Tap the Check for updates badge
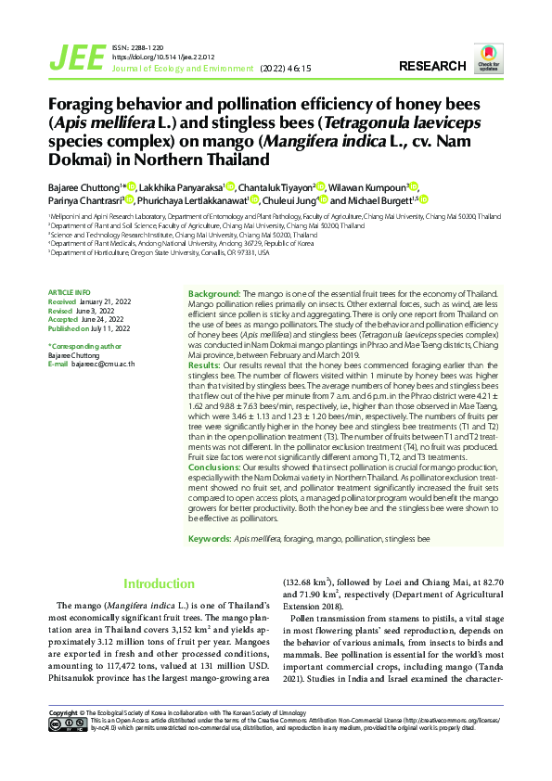(x=488, y=57)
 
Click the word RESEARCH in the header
(x=431, y=67)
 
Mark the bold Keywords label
(x=210, y=539)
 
